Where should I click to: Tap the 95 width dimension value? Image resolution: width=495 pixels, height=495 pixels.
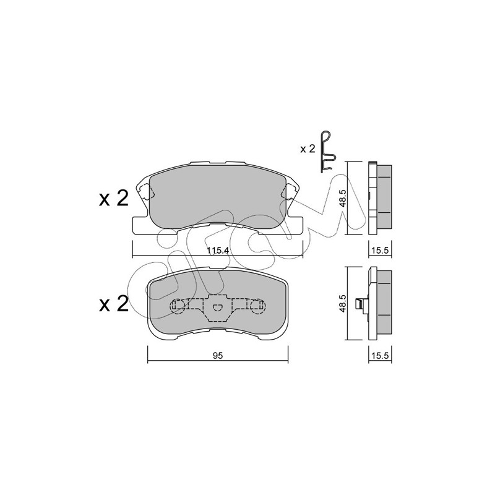coord(218,356)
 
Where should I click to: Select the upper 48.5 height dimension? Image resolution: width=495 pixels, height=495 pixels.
coord(343,198)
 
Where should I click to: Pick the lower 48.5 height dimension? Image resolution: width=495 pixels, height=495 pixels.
coord(343,304)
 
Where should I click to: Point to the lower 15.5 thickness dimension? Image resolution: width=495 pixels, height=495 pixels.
coord(380,356)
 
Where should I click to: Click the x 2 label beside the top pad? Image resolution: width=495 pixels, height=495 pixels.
coord(114,199)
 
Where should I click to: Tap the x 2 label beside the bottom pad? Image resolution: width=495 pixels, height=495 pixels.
coord(114,304)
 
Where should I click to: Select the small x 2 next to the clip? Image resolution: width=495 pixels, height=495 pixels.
coord(308,149)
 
